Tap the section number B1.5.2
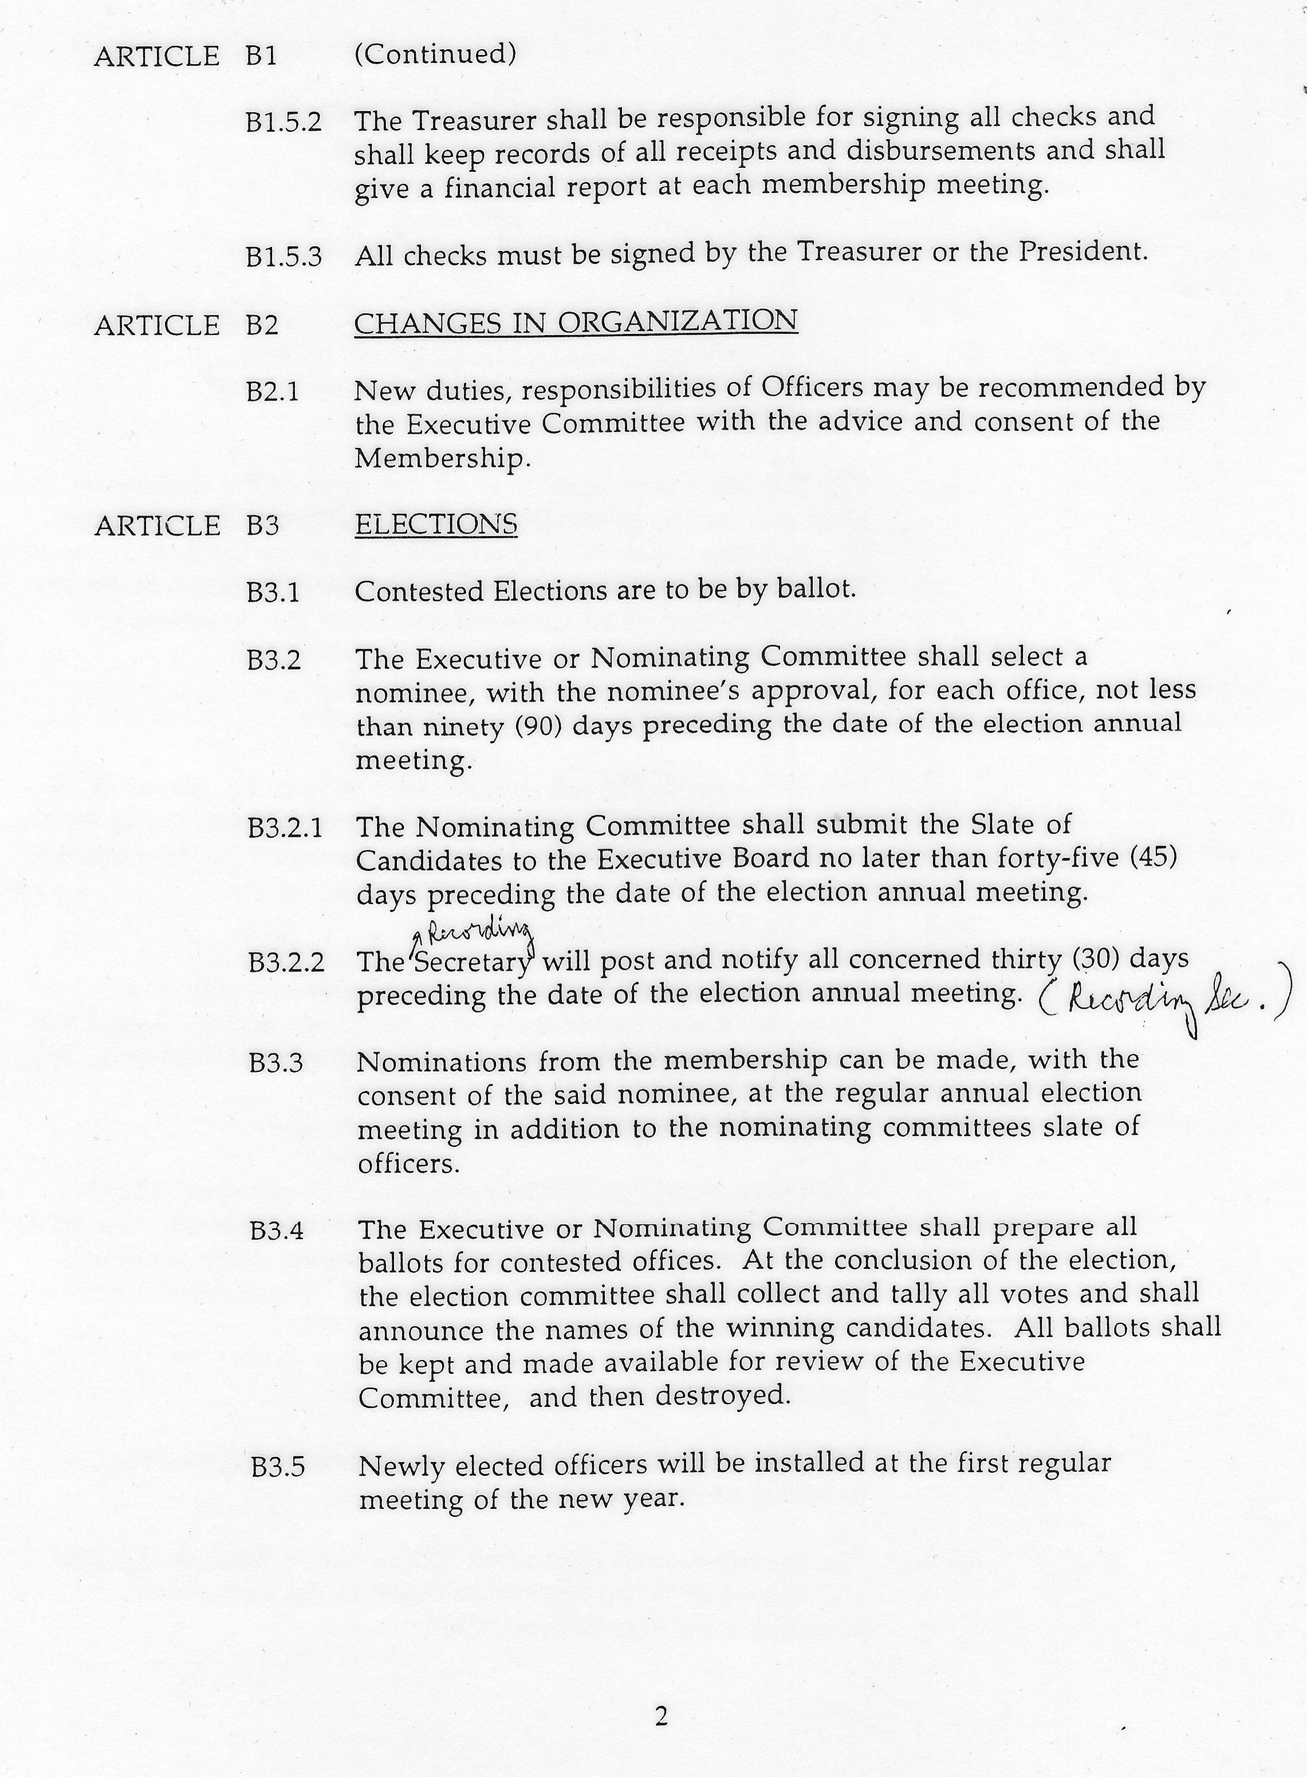(x=284, y=123)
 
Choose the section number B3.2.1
(x=285, y=828)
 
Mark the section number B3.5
(x=278, y=1467)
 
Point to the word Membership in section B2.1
(x=439, y=459)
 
